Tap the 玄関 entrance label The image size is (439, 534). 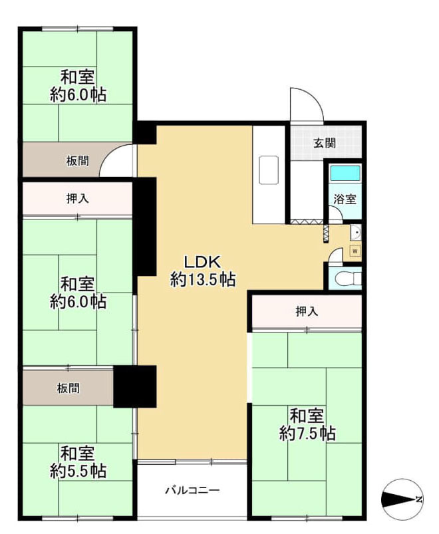(325, 142)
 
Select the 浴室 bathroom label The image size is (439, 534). (345, 198)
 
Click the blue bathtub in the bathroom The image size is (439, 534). (345, 173)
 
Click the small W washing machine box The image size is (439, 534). (355, 251)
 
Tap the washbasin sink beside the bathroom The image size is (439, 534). (355, 232)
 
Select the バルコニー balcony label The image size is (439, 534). (192, 491)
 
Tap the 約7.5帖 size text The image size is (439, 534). (307, 434)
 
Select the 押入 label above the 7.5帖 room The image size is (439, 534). (306, 311)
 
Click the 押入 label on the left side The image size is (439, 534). (78, 198)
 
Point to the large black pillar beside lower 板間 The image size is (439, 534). (134, 386)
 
